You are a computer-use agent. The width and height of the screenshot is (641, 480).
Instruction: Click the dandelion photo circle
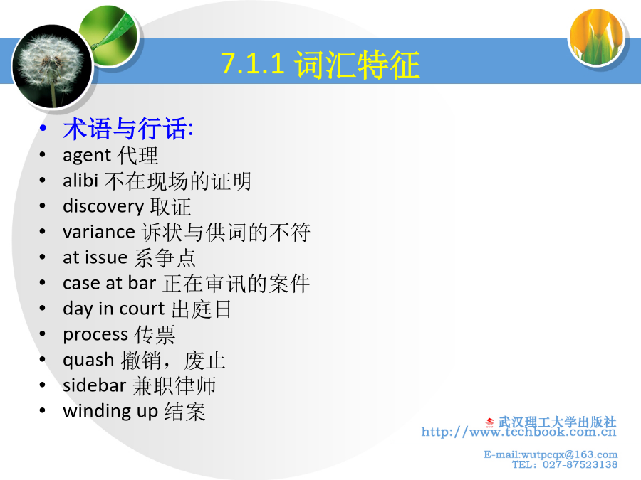[52, 67]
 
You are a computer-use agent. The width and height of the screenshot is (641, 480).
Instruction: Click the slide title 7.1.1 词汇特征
[320, 64]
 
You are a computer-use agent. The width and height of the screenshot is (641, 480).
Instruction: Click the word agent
[87, 156]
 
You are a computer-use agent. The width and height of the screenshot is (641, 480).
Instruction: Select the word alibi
[80, 181]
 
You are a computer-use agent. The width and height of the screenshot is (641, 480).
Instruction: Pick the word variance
[99, 232]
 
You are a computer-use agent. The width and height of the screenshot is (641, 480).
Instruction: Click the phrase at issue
[95, 257]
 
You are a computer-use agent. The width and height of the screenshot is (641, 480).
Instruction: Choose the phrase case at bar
[110, 283]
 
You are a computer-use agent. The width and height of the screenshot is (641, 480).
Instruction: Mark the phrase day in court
[114, 309]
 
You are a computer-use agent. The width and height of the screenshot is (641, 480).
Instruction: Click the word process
[95, 335]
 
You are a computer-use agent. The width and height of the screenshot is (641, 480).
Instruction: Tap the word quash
[88, 361]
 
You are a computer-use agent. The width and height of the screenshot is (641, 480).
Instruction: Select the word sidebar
[95, 385]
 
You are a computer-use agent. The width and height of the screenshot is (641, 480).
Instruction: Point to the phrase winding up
[110, 411]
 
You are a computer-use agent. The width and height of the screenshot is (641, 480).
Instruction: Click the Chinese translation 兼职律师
[174, 385]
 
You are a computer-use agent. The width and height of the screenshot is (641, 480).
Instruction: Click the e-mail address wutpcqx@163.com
[569, 454]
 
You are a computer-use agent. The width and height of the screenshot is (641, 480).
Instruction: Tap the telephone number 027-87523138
[580, 464]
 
